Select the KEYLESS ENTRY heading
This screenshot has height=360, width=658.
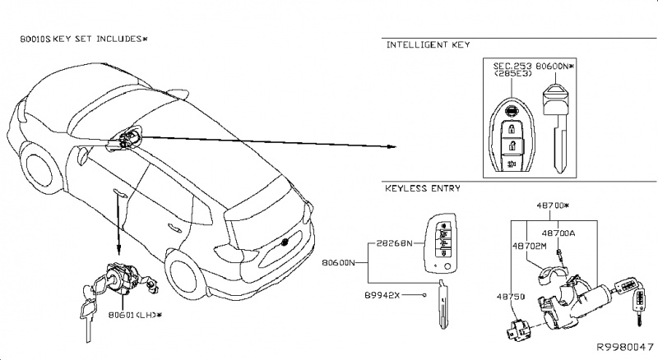pyautogui.click(x=423, y=188)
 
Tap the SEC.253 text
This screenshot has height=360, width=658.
pyautogui.click(x=512, y=64)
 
